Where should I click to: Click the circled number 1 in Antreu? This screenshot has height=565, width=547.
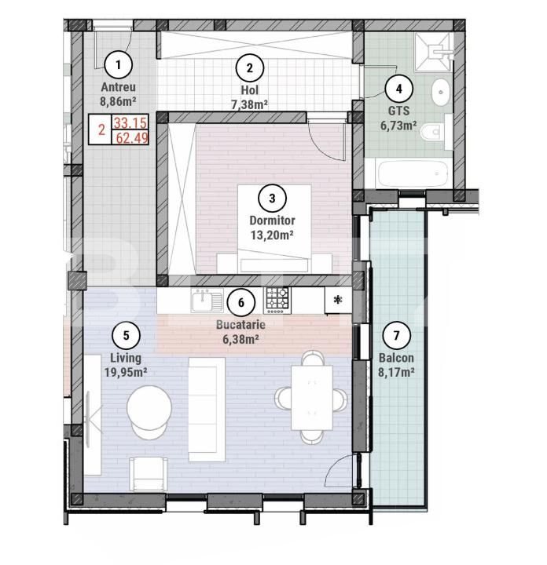[119, 64]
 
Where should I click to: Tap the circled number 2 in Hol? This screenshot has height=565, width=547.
[249, 67]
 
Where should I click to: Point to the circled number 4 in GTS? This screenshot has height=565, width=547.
[398, 88]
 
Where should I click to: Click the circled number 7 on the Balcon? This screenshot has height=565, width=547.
[396, 336]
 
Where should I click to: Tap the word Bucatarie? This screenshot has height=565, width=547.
[240, 323]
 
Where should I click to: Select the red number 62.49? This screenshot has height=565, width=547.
[133, 138]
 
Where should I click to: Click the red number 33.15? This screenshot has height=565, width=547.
[133, 123]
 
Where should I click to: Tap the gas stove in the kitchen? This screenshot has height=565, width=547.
[276, 299]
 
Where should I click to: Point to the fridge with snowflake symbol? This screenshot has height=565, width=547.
[338, 299]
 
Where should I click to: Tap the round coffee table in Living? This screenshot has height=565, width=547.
[150, 411]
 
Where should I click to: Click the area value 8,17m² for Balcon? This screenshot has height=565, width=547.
[396, 373]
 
